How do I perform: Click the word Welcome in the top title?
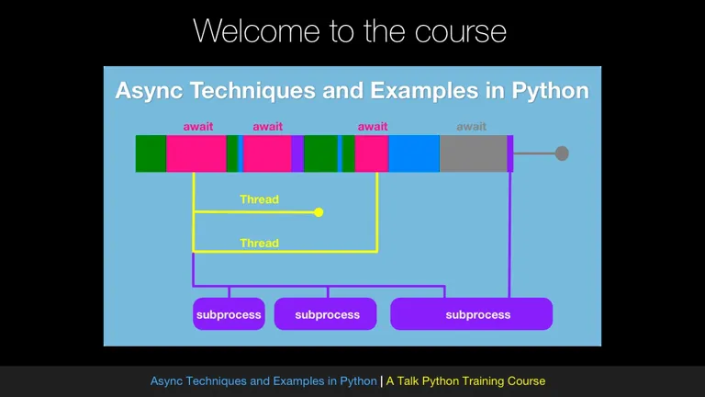coord(257,31)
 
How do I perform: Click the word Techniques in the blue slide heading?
coord(252,91)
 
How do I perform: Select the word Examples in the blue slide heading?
coord(424,91)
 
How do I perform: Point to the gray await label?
coord(471,127)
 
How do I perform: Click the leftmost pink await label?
coord(198,127)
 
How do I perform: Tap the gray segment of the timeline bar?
coord(474,153)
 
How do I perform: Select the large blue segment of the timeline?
coord(414,153)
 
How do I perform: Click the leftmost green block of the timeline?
coord(151,153)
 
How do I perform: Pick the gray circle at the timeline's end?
coord(562,153)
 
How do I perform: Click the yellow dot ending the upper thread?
coord(319,212)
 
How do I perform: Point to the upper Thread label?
coord(259,199)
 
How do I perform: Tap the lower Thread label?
coord(259,243)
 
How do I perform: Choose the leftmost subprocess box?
coord(229,313)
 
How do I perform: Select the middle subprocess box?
coord(326,313)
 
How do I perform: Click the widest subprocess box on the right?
coord(472,313)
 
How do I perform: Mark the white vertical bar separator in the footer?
coord(381,381)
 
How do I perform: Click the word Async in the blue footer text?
coord(166,381)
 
